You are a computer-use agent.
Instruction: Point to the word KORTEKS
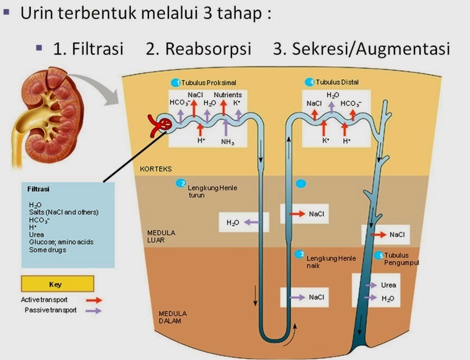point(156,169)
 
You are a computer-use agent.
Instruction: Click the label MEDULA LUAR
point(161,236)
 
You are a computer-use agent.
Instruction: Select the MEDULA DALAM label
point(172,317)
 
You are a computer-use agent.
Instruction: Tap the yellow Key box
point(58,284)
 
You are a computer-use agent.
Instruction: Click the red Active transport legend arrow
point(93,300)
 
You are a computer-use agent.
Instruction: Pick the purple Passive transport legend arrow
point(93,311)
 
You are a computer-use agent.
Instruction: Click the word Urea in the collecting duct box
point(388,285)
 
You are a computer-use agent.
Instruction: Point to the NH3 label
point(227,142)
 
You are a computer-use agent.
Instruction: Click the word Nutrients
point(228,95)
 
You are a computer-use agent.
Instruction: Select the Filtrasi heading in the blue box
point(39,189)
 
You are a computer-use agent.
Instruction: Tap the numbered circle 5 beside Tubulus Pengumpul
point(379,255)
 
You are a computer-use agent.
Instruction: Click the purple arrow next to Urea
point(371,285)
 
